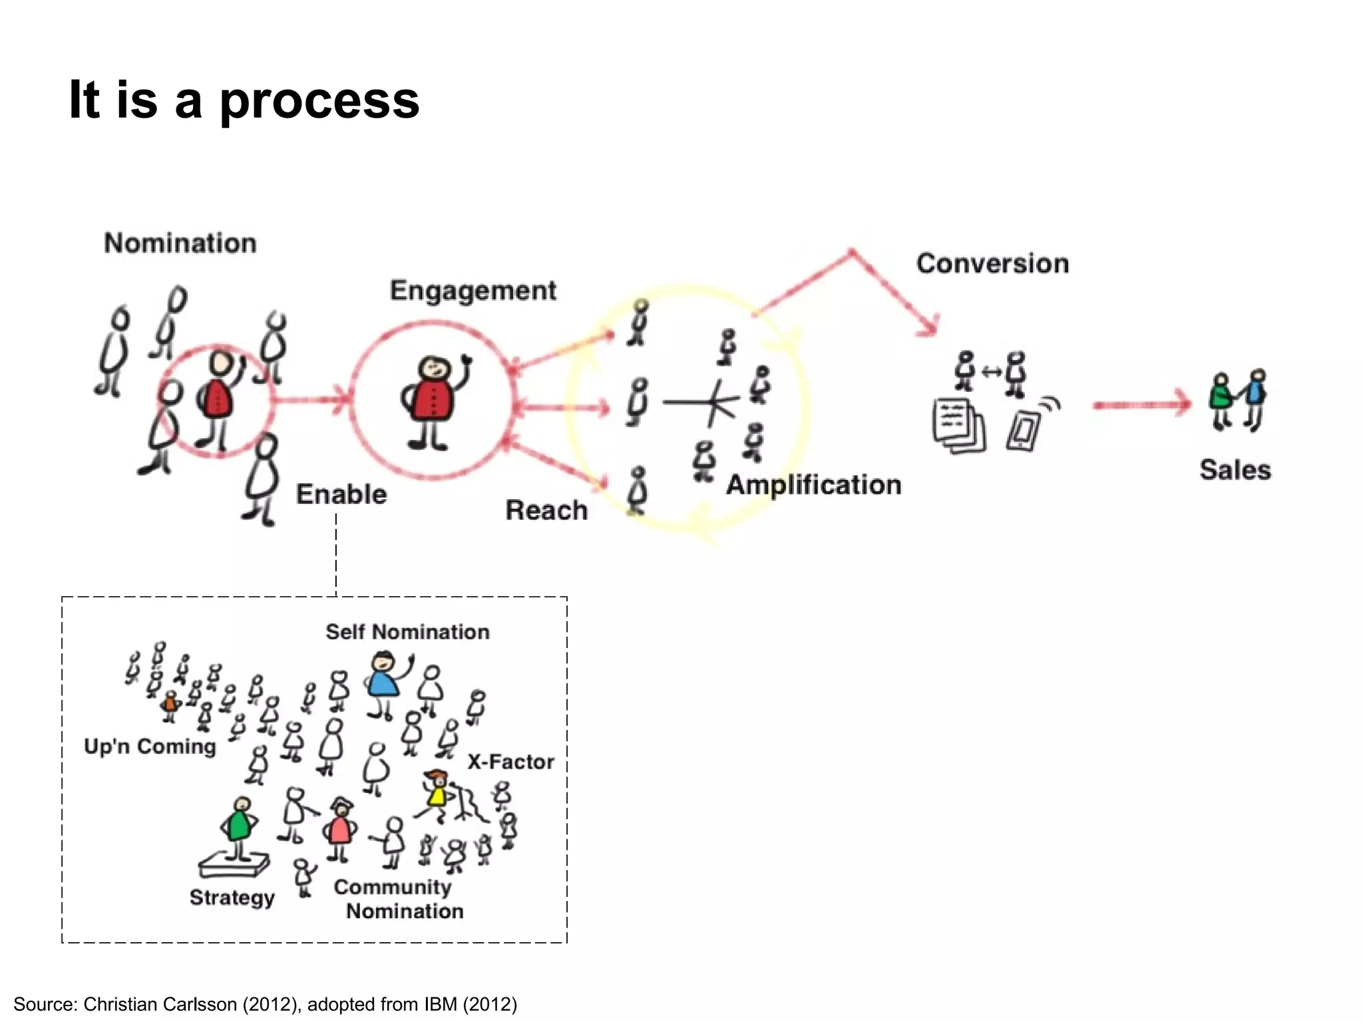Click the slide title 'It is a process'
244,100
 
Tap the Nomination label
180,243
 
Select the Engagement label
473,291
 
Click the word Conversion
992,263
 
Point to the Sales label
1235,470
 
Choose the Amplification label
813,484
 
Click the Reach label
546,510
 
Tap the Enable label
341,494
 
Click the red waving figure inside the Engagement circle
433,399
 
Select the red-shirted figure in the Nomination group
217,399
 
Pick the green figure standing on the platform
239,825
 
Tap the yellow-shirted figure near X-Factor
437,794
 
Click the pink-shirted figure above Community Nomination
340,828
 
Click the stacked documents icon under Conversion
958,426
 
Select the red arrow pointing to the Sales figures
1141,404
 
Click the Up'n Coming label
150,747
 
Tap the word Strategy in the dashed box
232,898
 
